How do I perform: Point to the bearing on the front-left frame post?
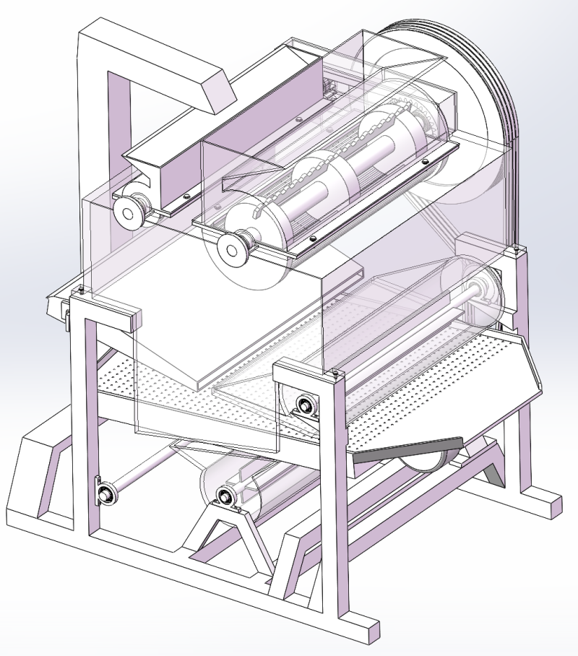point(106,494)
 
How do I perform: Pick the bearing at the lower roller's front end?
point(225,496)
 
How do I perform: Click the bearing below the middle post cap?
point(304,407)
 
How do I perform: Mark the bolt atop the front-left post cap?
point(81,290)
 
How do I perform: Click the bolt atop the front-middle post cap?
point(334,374)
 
